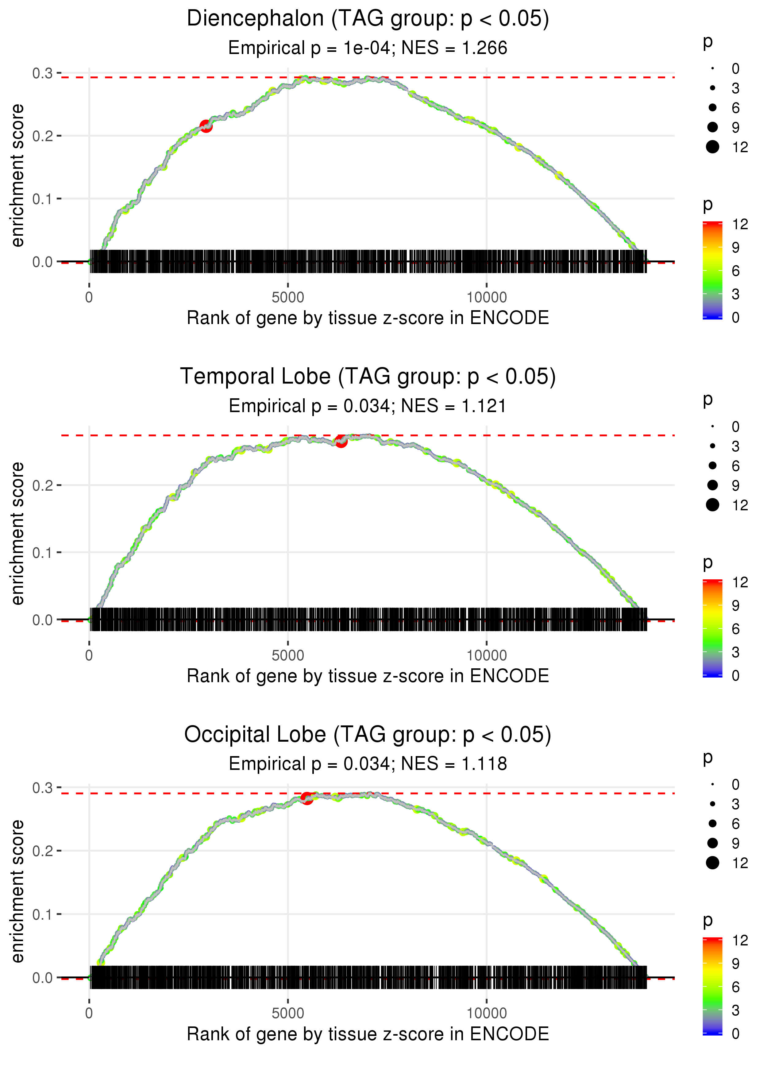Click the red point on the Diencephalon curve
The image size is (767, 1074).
[206, 126]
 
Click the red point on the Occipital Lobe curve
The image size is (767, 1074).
[306, 798]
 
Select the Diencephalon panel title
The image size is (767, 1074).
[368, 19]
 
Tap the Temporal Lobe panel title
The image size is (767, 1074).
[368, 377]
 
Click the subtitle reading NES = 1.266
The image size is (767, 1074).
[368, 48]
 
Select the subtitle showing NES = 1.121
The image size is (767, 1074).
[368, 406]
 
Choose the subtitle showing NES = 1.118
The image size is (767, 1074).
[368, 764]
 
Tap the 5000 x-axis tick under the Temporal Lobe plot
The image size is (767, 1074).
[288, 655]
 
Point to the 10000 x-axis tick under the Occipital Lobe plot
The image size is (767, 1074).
[487, 1013]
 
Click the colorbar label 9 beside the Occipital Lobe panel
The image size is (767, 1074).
[735, 964]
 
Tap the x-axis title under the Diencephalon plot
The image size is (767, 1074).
[368, 318]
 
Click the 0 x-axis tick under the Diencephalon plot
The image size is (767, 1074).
[89, 298]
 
